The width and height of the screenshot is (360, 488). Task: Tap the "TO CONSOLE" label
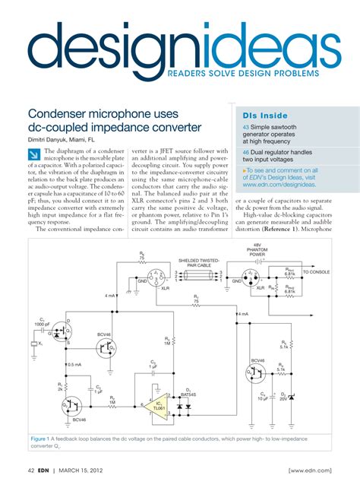tap(316, 271)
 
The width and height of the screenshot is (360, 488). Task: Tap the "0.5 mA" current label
tap(74, 365)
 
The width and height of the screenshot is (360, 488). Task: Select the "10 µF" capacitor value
tap(263, 398)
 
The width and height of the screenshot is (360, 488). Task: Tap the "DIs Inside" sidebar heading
tap(256, 113)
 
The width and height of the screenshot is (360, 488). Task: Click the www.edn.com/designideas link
tap(279, 184)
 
